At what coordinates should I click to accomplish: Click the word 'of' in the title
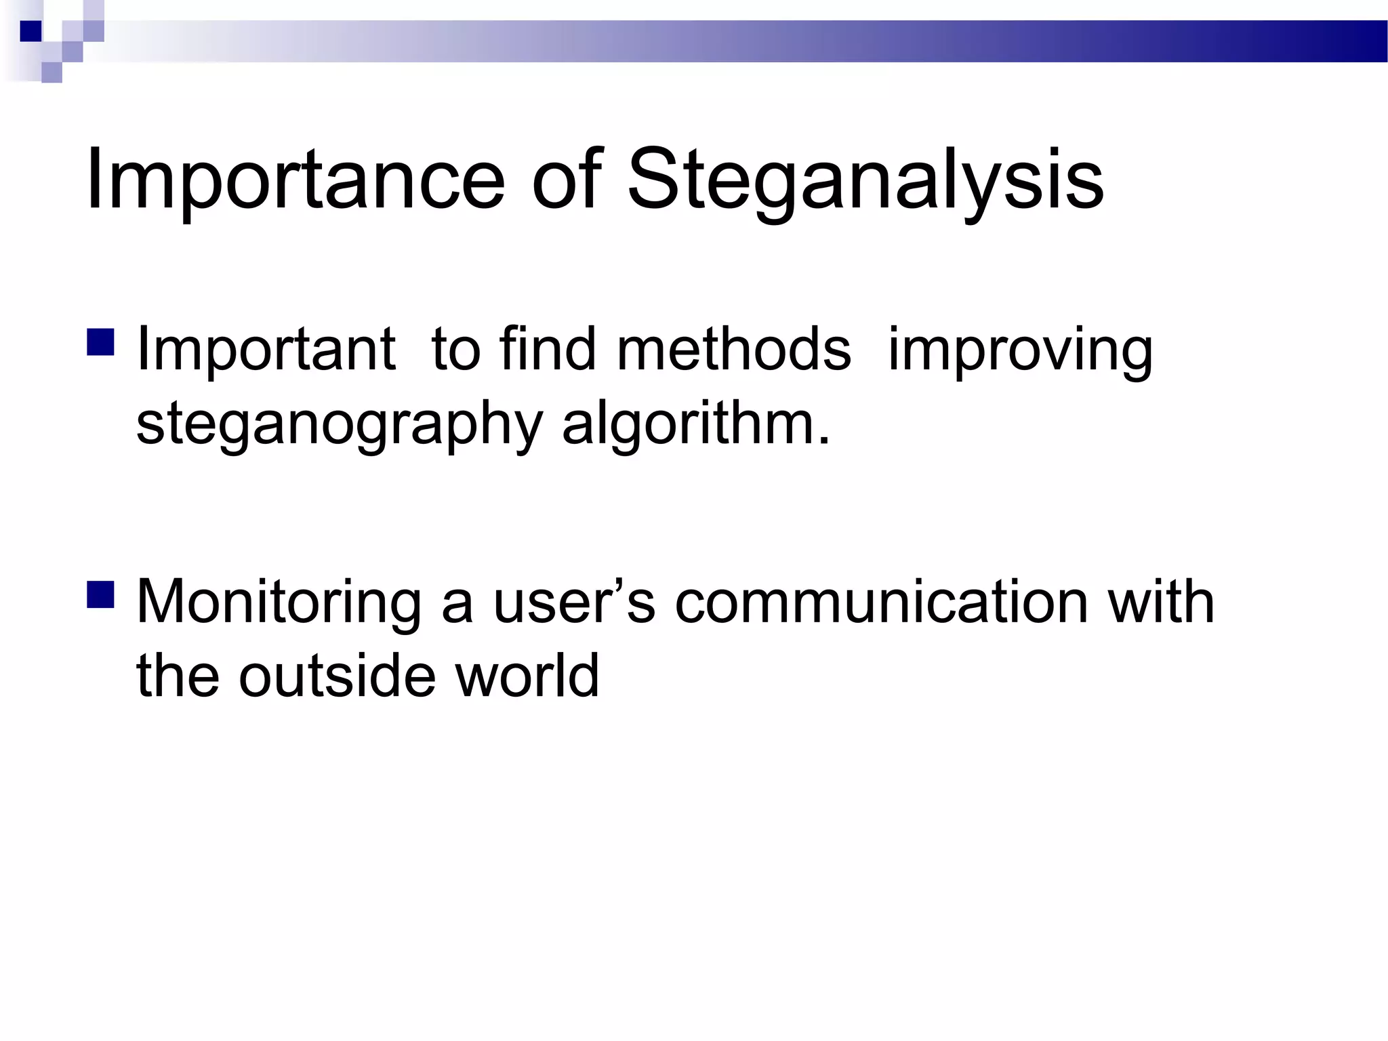click(x=567, y=180)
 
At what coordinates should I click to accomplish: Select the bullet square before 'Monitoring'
click(x=100, y=593)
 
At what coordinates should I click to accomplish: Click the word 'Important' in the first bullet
click(x=266, y=351)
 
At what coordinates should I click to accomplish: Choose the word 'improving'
click(x=1020, y=351)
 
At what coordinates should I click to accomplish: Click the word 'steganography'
click(x=339, y=426)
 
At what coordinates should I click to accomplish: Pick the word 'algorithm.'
click(x=695, y=426)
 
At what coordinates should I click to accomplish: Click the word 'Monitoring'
click(x=279, y=603)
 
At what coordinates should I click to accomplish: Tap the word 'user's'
click(x=574, y=603)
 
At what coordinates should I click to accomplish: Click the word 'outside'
click(x=337, y=676)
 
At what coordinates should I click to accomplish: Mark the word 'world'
click(x=527, y=676)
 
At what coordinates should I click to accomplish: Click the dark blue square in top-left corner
click(x=31, y=31)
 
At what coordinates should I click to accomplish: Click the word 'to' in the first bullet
click(x=455, y=351)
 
